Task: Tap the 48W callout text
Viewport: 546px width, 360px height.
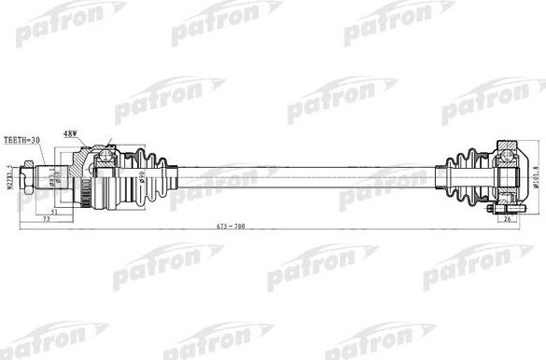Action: point(71,132)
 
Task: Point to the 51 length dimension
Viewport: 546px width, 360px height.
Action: point(55,212)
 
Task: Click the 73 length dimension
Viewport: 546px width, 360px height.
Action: point(46,220)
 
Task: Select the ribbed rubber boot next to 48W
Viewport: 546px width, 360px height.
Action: point(145,172)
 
